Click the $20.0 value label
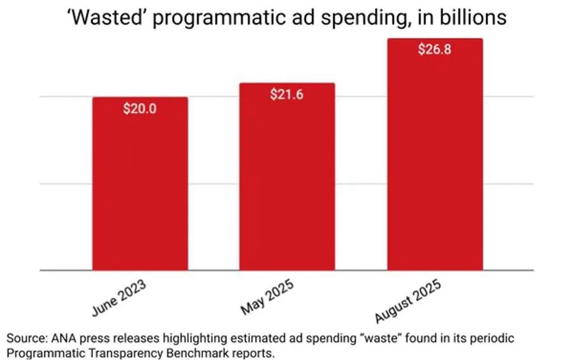140,109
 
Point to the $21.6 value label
287,94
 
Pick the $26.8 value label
434,50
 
